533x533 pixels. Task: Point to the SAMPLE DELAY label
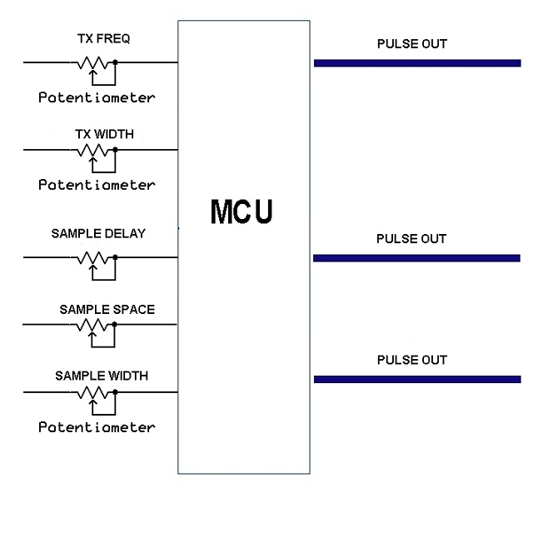pyautogui.click(x=97, y=234)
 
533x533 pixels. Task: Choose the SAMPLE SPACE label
pyautogui.click(x=107, y=309)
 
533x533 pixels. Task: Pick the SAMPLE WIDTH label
pyautogui.click(x=102, y=376)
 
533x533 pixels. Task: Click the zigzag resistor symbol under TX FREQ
pyautogui.click(x=92, y=62)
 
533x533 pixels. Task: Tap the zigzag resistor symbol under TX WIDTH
pyautogui.click(x=92, y=151)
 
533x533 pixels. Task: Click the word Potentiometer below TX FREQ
pyautogui.click(x=97, y=97)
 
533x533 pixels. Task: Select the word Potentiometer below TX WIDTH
pyautogui.click(x=97, y=184)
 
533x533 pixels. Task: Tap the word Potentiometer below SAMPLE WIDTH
pyautogui.click(x=97, y=427)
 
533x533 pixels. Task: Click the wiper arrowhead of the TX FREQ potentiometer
pyautogui.click(x=92, y=72)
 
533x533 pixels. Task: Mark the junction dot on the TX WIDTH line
pyautogui.click(x=115, y=151)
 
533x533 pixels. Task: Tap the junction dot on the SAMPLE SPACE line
pyautogui.click(x=115, y=326)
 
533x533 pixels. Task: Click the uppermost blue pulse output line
pyautogui.click(x=416, y=62)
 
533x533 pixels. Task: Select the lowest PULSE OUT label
pyautogui.click(x=411, y=360)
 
